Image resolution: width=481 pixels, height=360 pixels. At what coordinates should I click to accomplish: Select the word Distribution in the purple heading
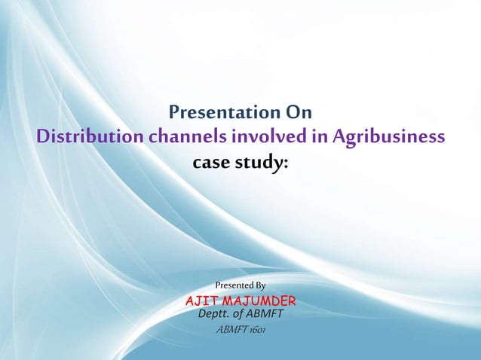coord(90,138)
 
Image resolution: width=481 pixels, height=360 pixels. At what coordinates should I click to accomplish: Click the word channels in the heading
coord(188,138)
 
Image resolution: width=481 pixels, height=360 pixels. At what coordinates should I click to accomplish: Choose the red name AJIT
coord(202,302)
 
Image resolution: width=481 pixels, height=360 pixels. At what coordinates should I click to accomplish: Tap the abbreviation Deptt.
coord(213,315)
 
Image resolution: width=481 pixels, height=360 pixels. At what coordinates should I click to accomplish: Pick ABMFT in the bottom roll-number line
coord(231,331)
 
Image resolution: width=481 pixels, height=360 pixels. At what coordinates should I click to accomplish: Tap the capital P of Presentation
coord(175,114)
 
